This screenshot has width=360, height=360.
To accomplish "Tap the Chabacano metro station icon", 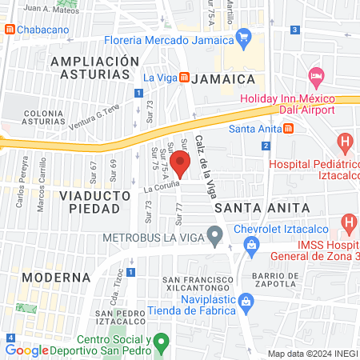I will coord(9,30).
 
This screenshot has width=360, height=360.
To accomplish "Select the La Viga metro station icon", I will coord(185,78).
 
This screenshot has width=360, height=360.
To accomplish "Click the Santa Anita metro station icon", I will coord(288,128).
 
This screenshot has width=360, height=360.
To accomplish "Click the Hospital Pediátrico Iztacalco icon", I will coord(346,144).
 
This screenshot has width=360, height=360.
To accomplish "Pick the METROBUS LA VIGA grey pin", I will coord(214,236).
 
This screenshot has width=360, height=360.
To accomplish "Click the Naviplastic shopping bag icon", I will coord(246,301).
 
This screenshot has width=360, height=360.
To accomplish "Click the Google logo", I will coord(27,350).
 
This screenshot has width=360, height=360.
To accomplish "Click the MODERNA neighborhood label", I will coord(55,277).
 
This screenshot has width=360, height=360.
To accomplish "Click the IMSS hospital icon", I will coord(349,222).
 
